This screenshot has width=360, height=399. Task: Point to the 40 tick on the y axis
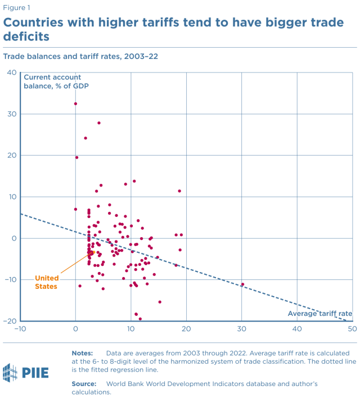point(11,72)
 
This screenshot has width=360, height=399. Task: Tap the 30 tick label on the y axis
point(11,114)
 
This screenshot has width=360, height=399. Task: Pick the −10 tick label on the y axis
point(10,279)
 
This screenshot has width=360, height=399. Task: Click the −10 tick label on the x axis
point(20,329)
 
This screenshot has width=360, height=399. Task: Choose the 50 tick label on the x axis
point(353,329)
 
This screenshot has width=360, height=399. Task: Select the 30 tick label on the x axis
point(242,329)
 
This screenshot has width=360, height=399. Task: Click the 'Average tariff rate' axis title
point(320,314)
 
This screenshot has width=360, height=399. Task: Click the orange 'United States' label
point(46,282)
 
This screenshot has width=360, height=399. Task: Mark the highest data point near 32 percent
point(75,103)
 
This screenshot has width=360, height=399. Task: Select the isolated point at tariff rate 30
point(242,284)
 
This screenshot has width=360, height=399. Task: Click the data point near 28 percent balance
point(99,123)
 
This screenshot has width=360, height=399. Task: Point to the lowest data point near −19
point(140,319)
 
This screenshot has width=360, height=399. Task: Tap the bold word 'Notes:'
point(83,352)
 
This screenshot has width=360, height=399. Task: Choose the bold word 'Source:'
point(84,383)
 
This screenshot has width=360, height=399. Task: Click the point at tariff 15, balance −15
point(160,302)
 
